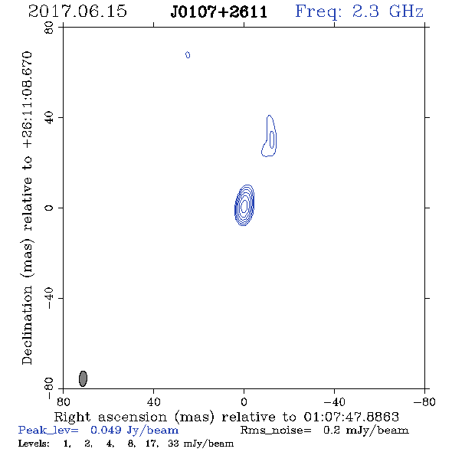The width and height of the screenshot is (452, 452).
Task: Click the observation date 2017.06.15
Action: pyautogui.click(x=77, y=11)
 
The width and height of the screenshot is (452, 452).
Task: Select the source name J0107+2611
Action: pyautogui.click(x=219, y=12)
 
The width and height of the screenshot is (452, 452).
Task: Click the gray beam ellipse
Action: pyautogui.click(x=83, y=378)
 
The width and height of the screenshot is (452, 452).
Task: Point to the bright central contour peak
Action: pyautogui.click(x=244, y=205)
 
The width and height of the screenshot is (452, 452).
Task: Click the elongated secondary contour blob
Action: pyautogui.click(x=270, y=136)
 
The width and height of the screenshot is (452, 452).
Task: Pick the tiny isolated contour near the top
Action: pyautogui.click(x=188, y=54)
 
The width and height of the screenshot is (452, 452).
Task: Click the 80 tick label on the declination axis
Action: pyautogui.click(x=49, y=28)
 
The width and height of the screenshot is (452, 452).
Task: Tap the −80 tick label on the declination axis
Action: pyautogui.click(x=49, y=388)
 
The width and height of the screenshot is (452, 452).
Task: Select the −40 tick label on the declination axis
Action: pyautogui.click(x=49, y=298)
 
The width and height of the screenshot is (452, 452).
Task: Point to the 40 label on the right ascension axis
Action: pyautogui.click(x=153, y=401)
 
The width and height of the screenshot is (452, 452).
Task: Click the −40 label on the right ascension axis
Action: pyautogui.click(x=334, y=401)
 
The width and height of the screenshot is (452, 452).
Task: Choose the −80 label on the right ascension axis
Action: pyautogui.click(x=424, y=401)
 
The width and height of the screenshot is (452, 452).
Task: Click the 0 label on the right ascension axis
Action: pyautogui.click(x=244, y=401)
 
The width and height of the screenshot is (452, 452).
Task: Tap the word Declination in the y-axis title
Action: pyautogui.click(x=27, y=325)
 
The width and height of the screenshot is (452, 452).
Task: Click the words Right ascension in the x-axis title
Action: pyautogui.click(x=110, y=417)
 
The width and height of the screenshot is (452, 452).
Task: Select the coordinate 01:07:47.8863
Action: pyautogui.click(x=352, y=417)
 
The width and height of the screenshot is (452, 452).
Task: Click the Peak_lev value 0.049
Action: pyautogui.click(x=106, y=430)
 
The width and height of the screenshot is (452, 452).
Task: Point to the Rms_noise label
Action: pyautogui.click(x=276, y=431)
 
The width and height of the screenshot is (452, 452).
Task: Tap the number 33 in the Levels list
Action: pyautogui.click(x=173, y=444)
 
